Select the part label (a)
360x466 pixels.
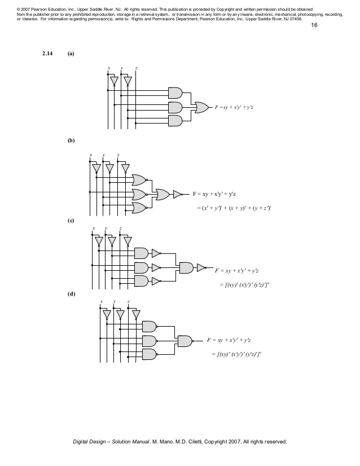tap(71, 54)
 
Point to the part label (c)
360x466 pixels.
tap(71, 220)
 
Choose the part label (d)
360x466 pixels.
tap(71, 294)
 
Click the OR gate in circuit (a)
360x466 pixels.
tap(201, 107)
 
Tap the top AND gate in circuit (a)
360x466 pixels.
tap(175, 93)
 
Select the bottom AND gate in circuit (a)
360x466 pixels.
tap(175, 121)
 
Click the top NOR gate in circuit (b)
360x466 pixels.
tap(138, 180)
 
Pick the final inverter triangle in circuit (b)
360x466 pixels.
tap(177, 194)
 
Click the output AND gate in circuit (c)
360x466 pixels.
tap(186, 267)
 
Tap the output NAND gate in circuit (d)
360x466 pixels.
tap(185, 341)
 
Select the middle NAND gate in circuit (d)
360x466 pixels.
tap(150, 341)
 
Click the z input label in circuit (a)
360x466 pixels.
tap(136, 68)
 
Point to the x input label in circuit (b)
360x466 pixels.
tap(90, 155)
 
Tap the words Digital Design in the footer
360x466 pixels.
tap(91, 442)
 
